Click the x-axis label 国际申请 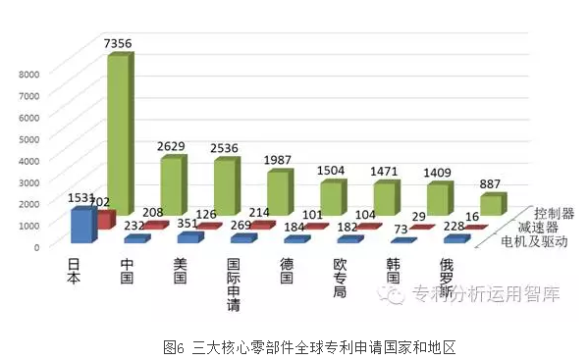[x=233, y=283]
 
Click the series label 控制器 [x=555, y=213]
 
